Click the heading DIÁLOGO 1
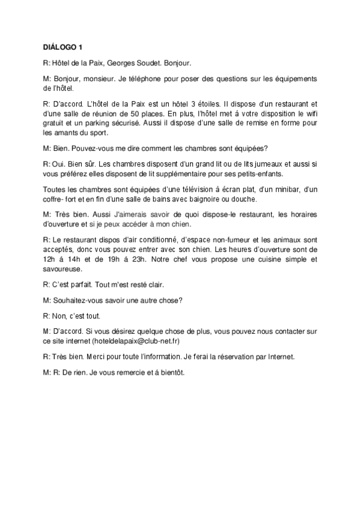click(67, 46)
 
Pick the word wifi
click(309, 112)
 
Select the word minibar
click(270, 189)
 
